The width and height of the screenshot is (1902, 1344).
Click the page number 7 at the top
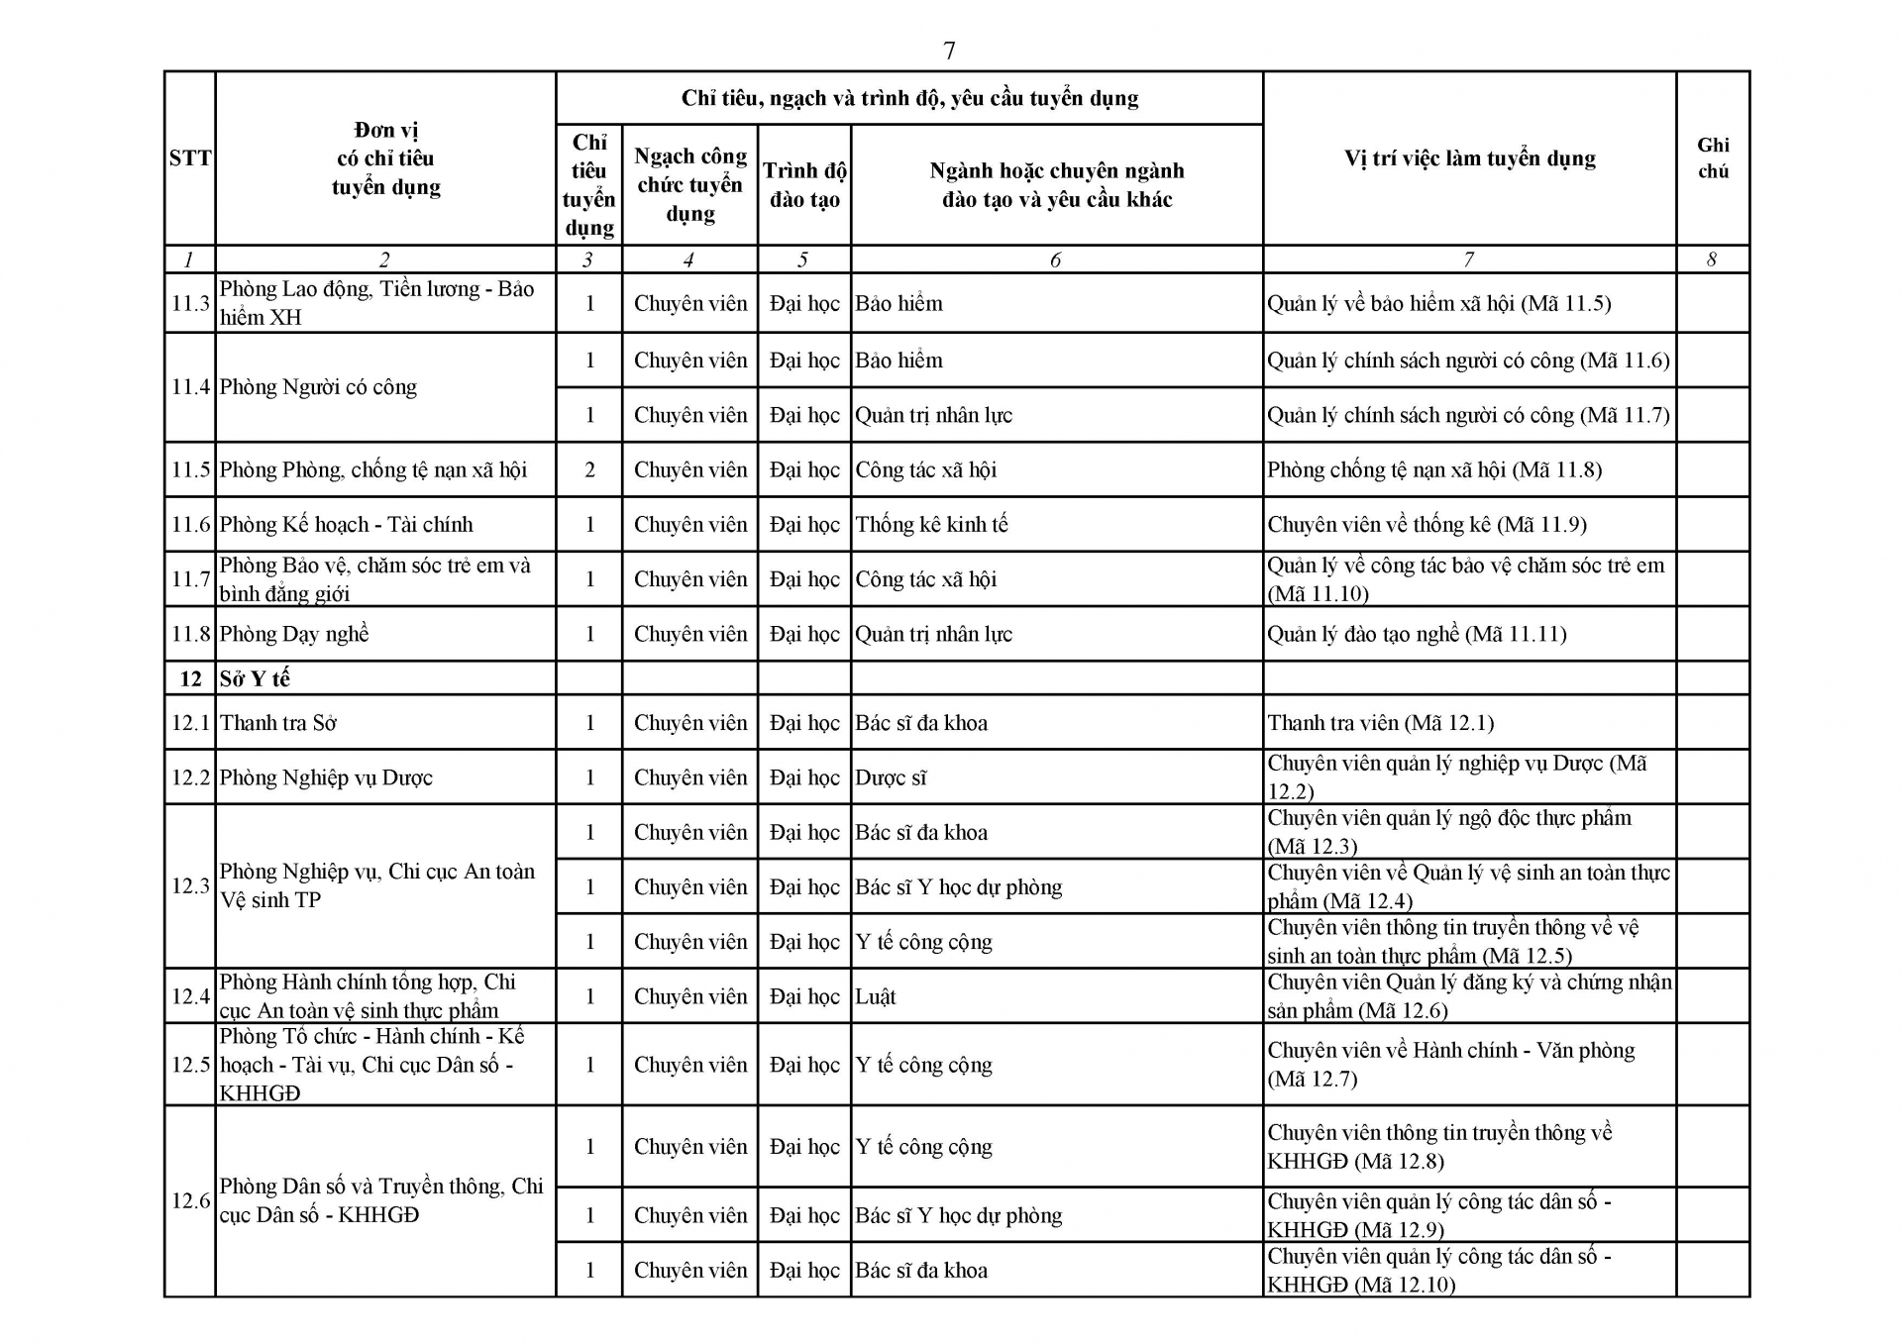pos(949,51)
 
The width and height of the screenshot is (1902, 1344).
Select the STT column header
pos(190,158)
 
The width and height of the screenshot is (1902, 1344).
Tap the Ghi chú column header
pos(1713,158)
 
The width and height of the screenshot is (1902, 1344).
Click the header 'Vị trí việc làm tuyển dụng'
pos(1469,158)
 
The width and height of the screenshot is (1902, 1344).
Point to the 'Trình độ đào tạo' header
pos(804,185)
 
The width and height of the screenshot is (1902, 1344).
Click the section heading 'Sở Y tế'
pos(255,678)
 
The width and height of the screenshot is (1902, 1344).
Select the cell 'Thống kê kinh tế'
pos(931,524)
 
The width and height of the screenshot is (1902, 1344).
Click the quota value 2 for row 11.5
pos(589,469)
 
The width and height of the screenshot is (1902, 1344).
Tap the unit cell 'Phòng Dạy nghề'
pos(294,634)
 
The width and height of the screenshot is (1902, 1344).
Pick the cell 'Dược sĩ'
pos(891,777)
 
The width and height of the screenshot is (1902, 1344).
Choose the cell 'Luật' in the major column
pos(876,996)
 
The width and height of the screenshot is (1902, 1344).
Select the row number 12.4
pos(190,996)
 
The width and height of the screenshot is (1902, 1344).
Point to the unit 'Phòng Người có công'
pos(318,387)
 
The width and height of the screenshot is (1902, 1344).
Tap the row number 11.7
pos(190,579)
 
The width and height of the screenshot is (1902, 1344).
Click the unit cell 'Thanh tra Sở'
pos(278,723)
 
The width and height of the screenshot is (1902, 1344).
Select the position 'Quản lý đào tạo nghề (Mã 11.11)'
pos(1417,634)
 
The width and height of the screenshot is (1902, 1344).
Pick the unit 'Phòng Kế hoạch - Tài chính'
pos(346,524)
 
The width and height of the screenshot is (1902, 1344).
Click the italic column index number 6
pos(1055,259)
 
